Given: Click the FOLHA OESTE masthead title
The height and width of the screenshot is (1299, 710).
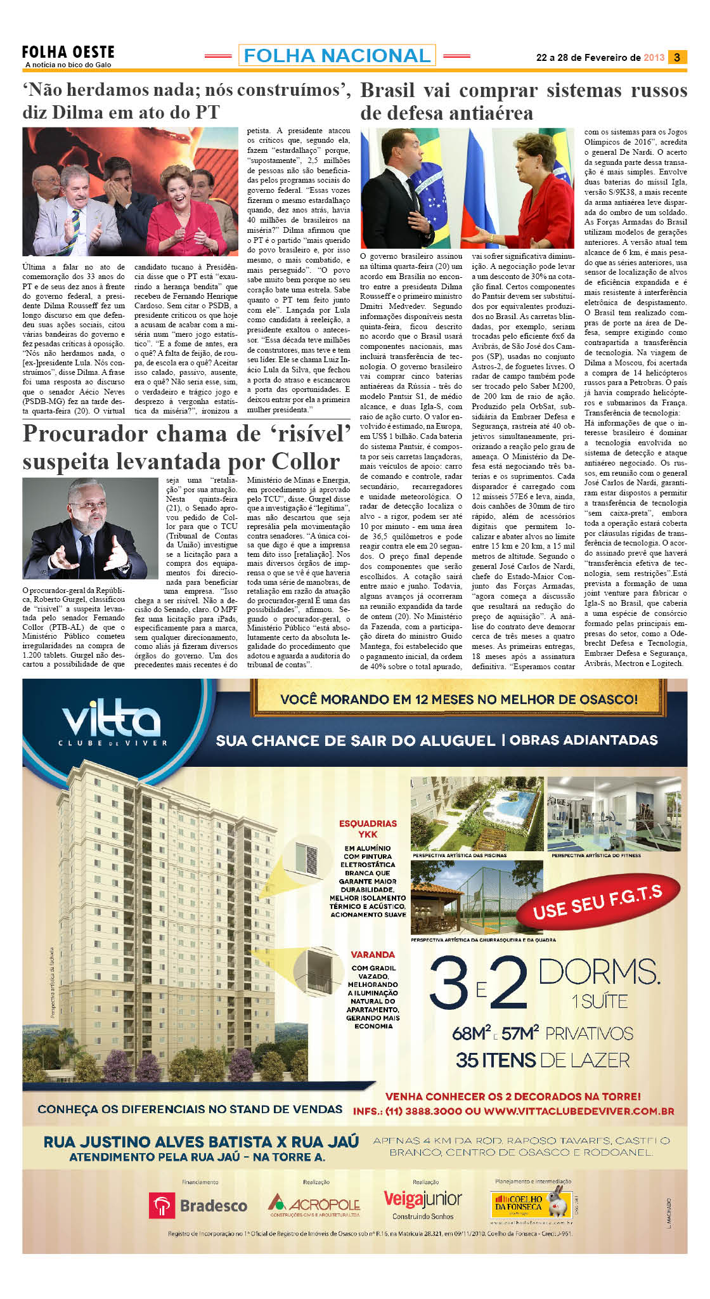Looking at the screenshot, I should tap(68, 52).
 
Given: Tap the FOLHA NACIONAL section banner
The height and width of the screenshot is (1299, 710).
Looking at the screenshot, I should tap(337, 56).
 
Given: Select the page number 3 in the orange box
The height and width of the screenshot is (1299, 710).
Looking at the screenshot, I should tap(677, 57).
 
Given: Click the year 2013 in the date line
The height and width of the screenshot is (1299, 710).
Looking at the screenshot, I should tap(654, 58).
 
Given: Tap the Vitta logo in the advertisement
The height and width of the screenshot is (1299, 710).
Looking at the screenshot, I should tap(112, 722).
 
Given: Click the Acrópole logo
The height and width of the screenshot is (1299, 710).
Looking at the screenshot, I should tap(314, 1204).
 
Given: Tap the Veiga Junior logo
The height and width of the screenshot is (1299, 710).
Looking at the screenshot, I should tap(423, 1201).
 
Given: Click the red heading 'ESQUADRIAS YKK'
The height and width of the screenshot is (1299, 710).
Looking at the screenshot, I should tap(368, 829).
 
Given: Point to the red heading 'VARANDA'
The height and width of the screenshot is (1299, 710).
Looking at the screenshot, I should tap(373, 955).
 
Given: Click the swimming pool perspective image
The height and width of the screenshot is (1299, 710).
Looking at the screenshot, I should tap(477, 814).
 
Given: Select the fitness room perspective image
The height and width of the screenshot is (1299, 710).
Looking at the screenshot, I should tap(614, 814).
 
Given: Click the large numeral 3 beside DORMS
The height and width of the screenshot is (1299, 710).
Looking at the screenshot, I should tap(449, 982).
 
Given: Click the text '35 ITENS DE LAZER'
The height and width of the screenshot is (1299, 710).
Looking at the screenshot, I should tap(543, 1060).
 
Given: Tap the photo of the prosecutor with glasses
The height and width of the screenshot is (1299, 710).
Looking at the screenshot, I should tap(90, 528).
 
